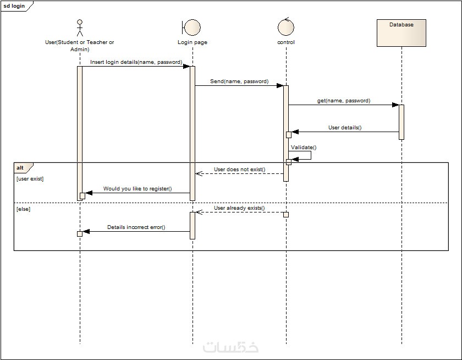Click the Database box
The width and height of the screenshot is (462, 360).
point(401,32)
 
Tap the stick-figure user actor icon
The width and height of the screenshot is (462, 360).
point(80,28)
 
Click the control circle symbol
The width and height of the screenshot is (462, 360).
point(286,28)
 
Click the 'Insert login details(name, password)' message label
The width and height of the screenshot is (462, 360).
point(136,62)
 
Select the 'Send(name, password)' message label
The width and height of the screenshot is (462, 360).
point(239,81)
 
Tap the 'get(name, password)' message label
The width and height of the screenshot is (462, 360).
point(344,101)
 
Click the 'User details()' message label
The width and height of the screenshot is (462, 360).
point(345,128)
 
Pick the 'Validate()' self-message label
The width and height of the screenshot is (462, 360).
point(304,148)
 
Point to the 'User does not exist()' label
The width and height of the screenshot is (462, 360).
point(239,170)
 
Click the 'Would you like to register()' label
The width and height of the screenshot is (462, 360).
point(137,189)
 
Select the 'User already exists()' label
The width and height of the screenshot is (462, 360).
point(239,208)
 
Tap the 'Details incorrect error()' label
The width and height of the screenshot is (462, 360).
point(136,227)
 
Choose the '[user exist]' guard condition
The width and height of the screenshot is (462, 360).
point(30,179)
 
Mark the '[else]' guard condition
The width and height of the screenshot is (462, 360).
point(23,209)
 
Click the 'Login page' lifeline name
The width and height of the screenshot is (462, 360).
point(193,42)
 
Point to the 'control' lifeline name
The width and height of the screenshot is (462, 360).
point(286,42)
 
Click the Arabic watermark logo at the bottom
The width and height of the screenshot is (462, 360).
point(231,347)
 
